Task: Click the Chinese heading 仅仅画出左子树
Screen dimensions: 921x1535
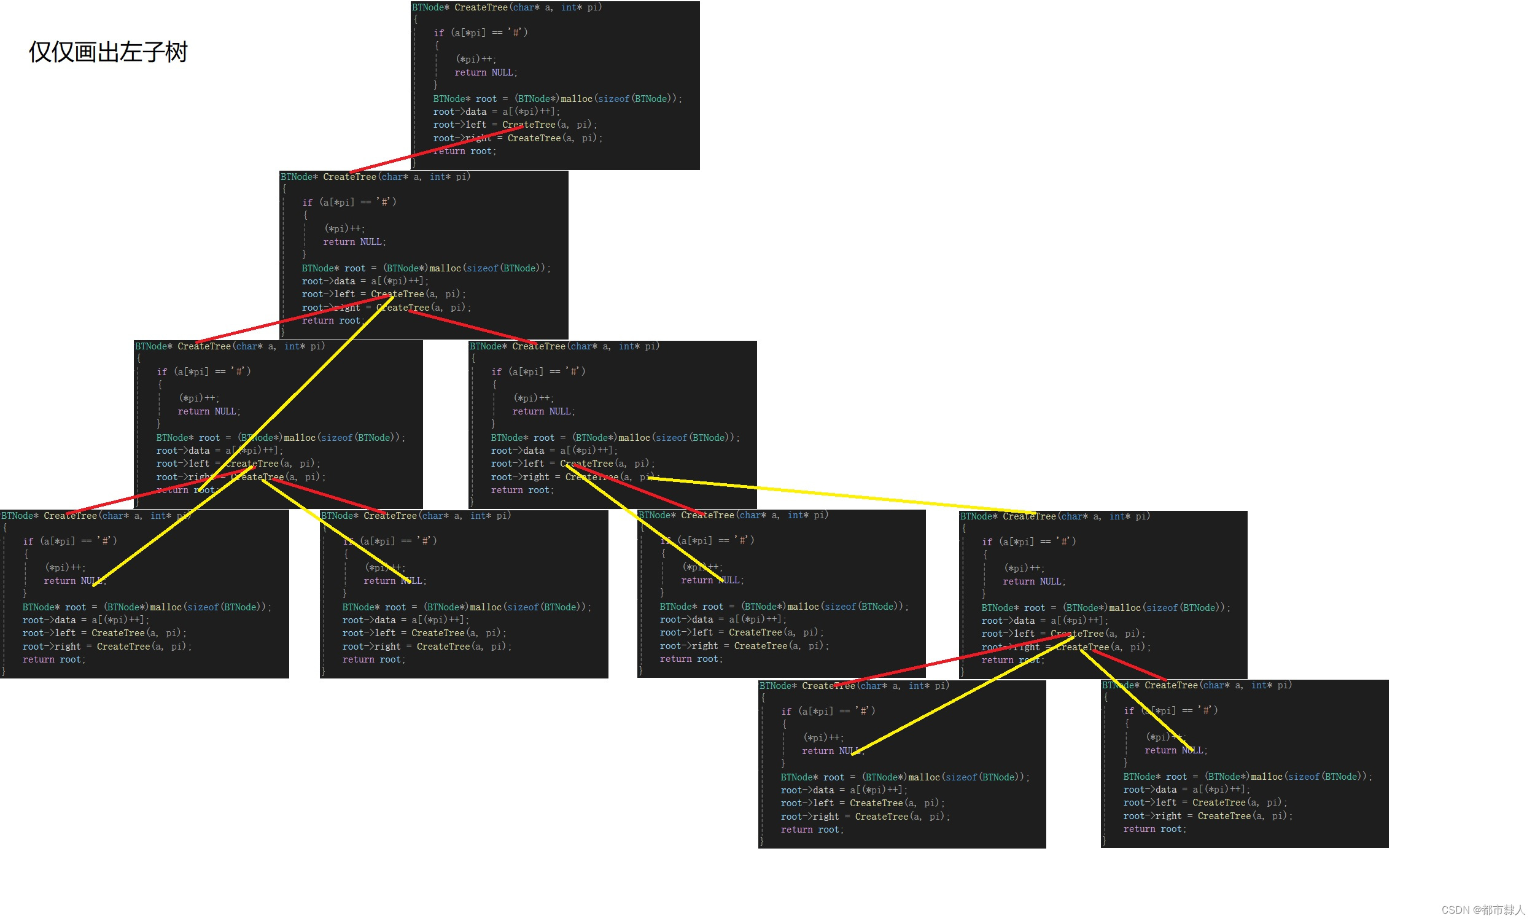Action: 108,52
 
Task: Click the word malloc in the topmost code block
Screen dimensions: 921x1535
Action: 577,99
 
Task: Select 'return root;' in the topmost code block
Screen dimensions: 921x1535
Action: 465,152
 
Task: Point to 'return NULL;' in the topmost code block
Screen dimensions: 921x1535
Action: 485,72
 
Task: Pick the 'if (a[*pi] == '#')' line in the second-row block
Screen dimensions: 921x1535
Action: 349,203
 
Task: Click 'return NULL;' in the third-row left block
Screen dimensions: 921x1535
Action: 209,411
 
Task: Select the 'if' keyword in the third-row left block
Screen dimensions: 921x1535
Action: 162,371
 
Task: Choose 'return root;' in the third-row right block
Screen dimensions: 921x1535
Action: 523,491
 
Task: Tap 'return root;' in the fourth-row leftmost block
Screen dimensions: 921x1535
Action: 54,659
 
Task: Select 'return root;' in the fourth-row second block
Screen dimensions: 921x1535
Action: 373,659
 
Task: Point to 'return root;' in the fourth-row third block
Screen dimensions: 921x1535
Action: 691,659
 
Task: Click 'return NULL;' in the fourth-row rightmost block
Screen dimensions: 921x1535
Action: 1034,581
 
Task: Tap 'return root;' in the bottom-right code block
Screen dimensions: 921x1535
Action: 1154,829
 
